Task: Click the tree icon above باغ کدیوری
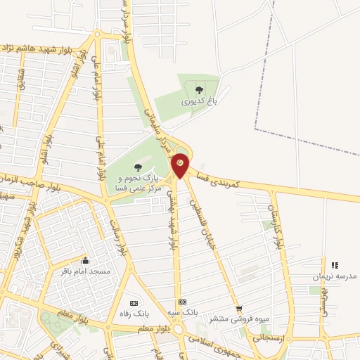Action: (x=199, y=89)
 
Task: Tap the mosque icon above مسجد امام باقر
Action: (x=86, y=260)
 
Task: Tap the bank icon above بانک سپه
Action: (x=182, y=301)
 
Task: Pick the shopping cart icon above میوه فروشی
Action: (x=238, y=308)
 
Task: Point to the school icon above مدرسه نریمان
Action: (x=335, y=265)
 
